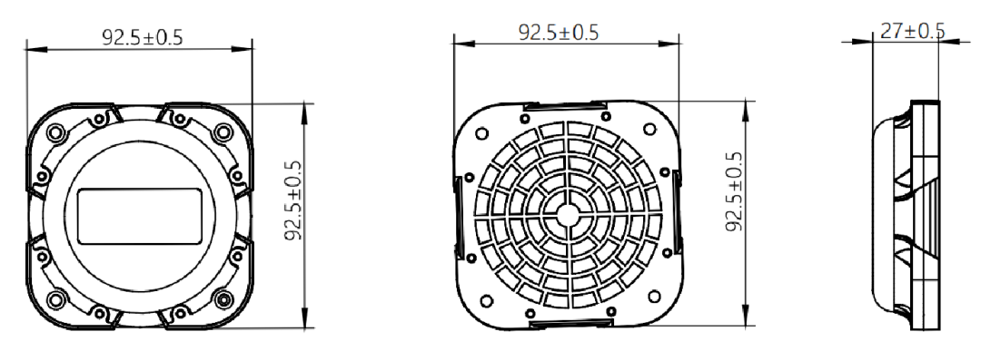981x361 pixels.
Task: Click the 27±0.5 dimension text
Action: tap(912, 31)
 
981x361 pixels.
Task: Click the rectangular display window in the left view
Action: tap(140, 216)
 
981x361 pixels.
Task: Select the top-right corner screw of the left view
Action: tap(223, 132)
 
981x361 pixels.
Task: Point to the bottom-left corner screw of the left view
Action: tap(56, 299)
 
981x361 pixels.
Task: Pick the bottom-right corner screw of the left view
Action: tap(223, 299)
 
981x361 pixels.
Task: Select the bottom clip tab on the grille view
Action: tap(570, 323)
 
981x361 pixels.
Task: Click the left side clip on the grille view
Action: tap(458, 216)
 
